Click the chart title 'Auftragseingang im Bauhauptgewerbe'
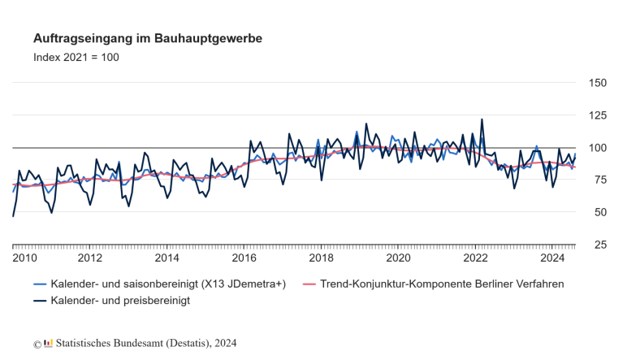coord(147,38)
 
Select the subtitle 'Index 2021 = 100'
coord(76,58)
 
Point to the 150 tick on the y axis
coord(597,83)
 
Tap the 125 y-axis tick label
coord(597,115)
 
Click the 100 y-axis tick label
coord(597,148)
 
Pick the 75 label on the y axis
coord(597,180)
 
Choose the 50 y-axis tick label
coord(597,212)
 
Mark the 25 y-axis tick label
coord(597,245)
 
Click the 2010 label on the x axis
coord(24,258)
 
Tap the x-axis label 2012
coord(89,258)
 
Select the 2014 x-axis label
coord(166,258)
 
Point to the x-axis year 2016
coord(244,258)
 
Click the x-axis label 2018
coord(321,258)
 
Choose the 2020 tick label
coord(398,258)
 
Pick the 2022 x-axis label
coord(475,258)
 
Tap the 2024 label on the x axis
coord(552,258)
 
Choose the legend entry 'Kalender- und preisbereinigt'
coord(119,301)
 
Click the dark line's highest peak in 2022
coord(482,119)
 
